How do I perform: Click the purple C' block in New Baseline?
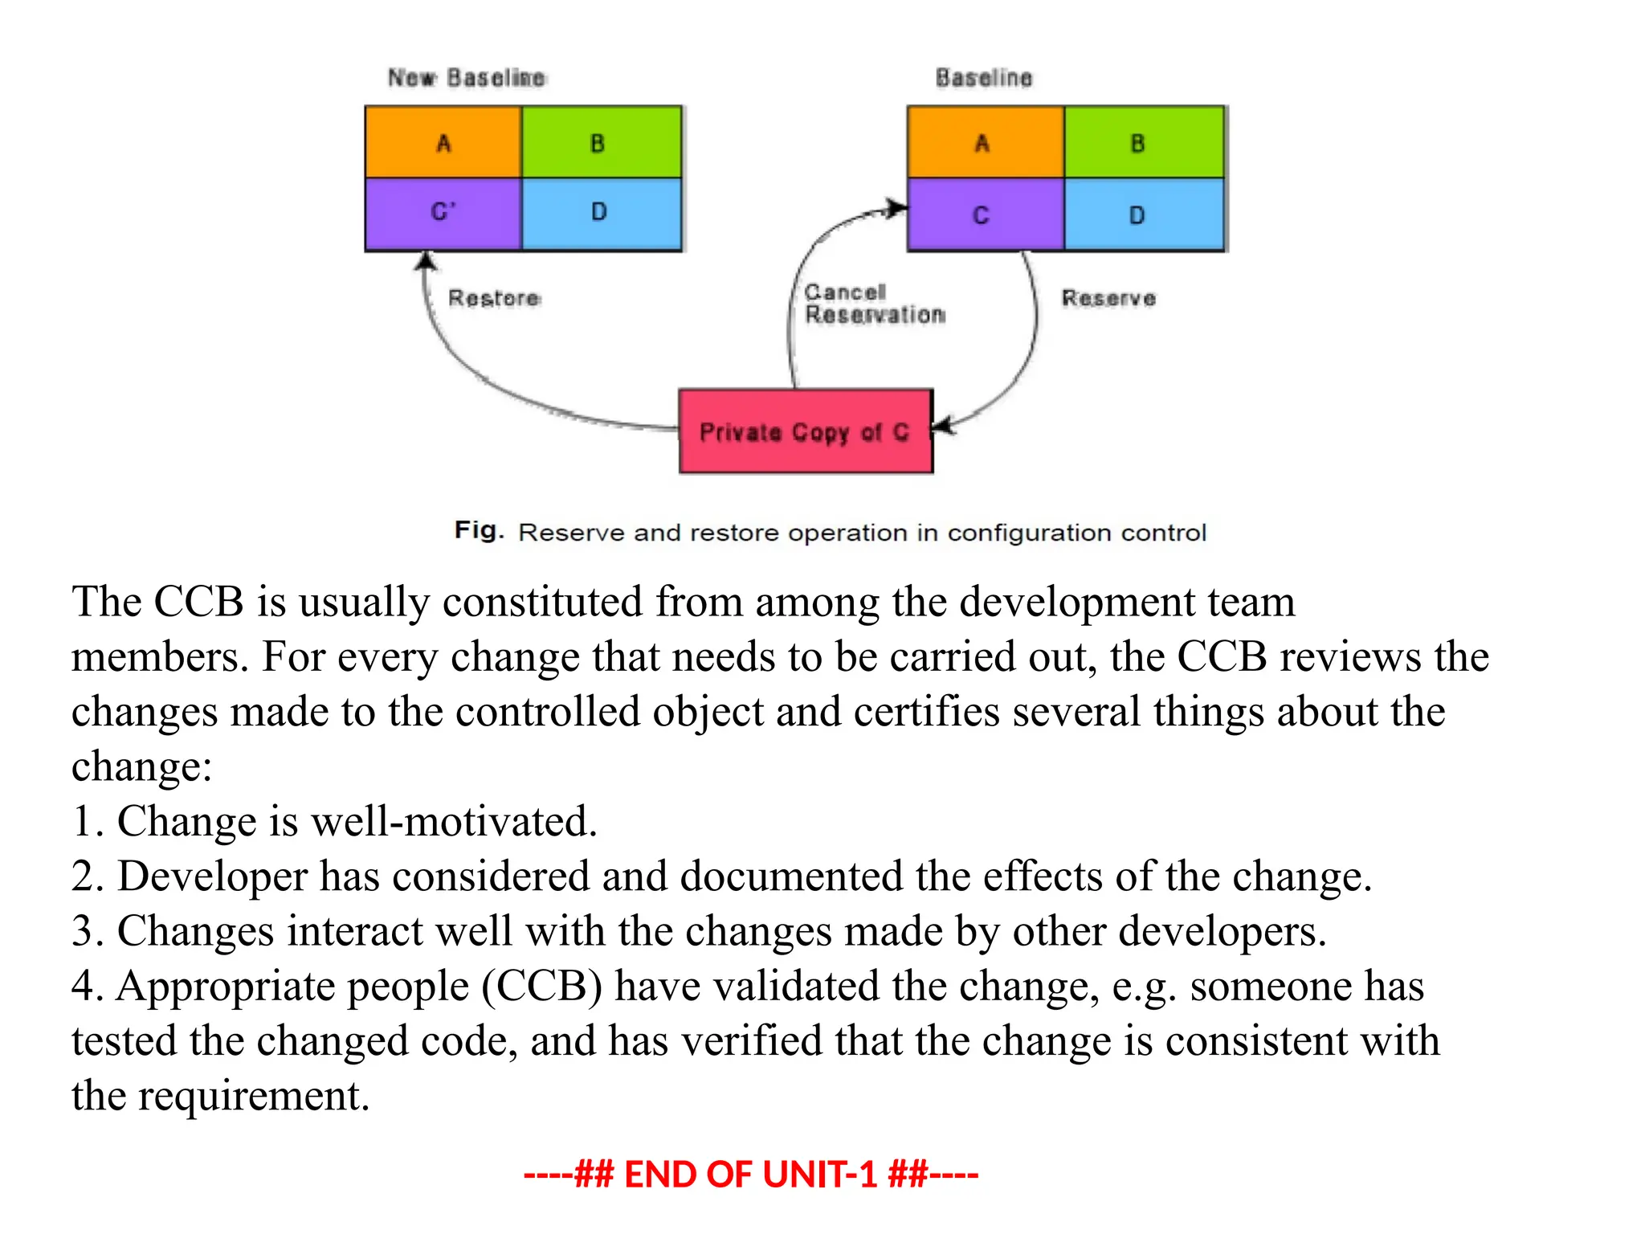[443, 214]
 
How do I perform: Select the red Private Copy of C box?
[806, 432]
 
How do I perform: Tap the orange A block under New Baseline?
[443, 143]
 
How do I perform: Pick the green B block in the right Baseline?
[1144, 143]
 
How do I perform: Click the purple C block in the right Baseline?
[985, 215]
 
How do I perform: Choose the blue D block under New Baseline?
[601, 214]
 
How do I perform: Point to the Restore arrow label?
[494, 298]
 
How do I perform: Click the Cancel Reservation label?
[875, 304]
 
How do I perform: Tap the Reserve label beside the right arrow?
[1108, 298]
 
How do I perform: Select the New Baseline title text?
[467, 78]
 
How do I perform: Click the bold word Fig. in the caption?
[479, 530]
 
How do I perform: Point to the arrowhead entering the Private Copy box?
[942, 426]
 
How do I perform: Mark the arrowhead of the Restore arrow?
[427, 260]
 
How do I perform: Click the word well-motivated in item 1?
[454, 821]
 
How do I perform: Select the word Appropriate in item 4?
[292, 987]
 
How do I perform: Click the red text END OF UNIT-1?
[750, 1175]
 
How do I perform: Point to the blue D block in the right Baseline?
[1144, 215]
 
